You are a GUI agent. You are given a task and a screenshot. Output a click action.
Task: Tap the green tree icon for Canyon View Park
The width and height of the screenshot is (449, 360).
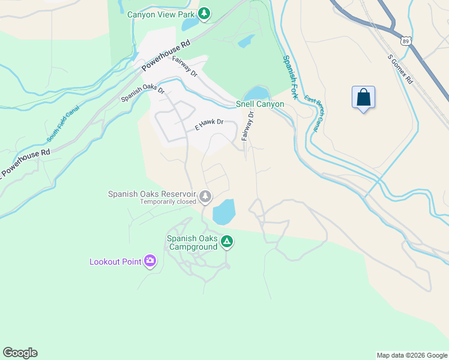(x=204, y=13)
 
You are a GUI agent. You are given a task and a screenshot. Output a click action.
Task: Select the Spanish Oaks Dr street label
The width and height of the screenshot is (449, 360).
(x=143, y=92)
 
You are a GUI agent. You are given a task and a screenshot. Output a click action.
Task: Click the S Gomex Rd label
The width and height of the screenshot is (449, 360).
(x=400, y=69)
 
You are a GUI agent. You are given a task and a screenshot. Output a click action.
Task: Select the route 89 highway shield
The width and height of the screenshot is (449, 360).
(x=406, y=40)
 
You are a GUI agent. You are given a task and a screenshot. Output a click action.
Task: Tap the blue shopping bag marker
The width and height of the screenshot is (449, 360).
(x=363, y=97)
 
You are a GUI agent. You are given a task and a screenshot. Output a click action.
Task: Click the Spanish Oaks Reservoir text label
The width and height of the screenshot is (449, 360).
(x=152, y=194)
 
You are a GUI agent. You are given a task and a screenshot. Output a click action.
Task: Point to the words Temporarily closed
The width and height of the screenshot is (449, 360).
(x=168, y=202)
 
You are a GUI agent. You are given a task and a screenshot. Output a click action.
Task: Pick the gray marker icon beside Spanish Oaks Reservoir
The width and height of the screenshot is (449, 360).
(x=205, y=196)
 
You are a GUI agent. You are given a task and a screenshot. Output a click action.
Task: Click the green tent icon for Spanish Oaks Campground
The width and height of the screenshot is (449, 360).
(x=226, y=241)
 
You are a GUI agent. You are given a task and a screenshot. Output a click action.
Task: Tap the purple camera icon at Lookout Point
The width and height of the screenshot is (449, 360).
(x=149, y=261)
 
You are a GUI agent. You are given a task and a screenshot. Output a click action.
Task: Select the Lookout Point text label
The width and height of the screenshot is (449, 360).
(x=115, y=262)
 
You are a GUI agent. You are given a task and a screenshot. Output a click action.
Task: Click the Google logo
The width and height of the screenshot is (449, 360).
(x=20, y=353)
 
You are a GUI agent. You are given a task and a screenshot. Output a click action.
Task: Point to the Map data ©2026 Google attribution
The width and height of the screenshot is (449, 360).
(x=411, y=355)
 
